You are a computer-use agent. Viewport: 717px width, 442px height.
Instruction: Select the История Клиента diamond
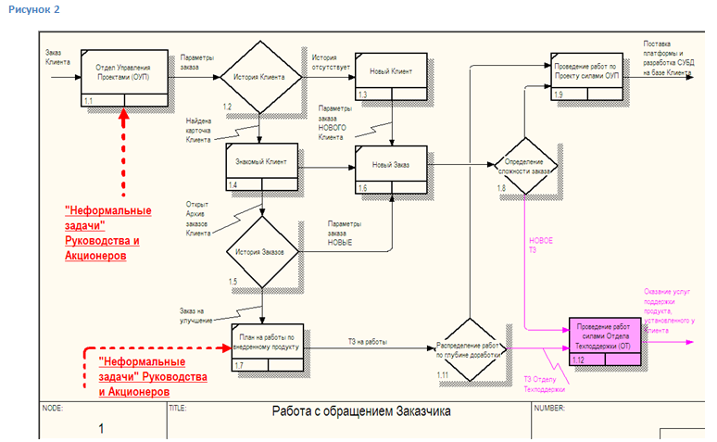click(256, 77)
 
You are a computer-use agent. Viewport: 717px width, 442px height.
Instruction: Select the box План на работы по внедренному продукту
click(269, 343)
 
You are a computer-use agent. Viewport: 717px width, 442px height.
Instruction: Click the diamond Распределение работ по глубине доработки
click(469, 349)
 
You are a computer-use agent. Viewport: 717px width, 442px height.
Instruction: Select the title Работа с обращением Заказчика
click(360, 411)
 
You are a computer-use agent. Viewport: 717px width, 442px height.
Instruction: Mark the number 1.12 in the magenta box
click(579, 360)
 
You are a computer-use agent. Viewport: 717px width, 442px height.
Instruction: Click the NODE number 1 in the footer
click(101, 428)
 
